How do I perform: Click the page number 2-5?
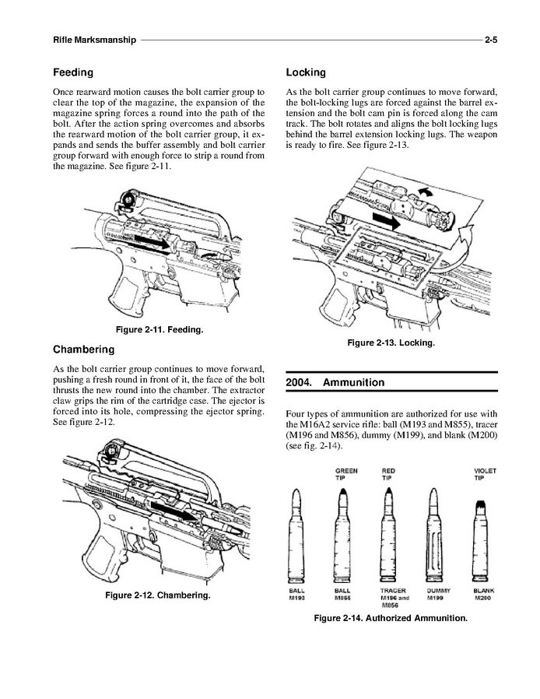coord(491,40)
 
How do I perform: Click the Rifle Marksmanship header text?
coord(94,40)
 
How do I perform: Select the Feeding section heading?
coord(73,72)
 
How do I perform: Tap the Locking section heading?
coord(306,72)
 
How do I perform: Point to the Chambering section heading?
coord(84,349)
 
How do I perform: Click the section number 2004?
coord(299,382)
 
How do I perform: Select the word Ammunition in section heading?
coord(353,382)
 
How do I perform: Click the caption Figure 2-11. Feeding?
coord(160,330)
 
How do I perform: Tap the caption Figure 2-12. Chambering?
coord(158,595)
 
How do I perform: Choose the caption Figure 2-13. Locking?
coord(391,342)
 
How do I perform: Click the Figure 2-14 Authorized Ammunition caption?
coord(391,618)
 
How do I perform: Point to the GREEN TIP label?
coord(346,474)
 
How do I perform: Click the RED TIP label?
coord(388,474)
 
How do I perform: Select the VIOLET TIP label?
coord(485,474)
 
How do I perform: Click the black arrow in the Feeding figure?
coord(152,241)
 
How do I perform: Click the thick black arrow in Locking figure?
coord(386,220)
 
